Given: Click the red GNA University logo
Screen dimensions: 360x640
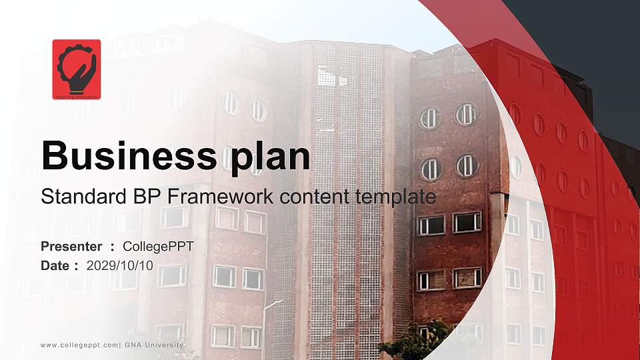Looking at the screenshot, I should click(77, 69).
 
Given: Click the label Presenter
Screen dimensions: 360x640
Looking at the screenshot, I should click(71, 247).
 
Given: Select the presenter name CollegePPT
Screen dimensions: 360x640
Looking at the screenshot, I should click(159, 247).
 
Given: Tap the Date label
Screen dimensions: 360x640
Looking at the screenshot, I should click(55, 265).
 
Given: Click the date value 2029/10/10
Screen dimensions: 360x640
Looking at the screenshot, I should click(120, 265).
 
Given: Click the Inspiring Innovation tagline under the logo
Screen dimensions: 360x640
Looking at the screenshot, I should click(77, 97).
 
